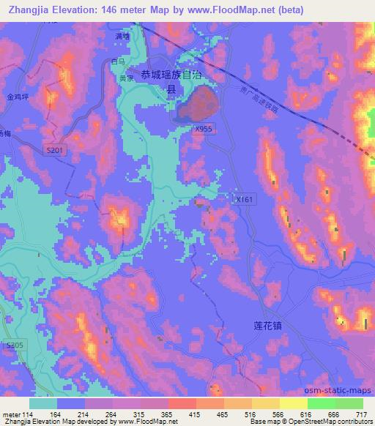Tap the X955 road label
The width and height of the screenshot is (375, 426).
pos(204,127)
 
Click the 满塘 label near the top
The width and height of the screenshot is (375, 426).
pos(122,36)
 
